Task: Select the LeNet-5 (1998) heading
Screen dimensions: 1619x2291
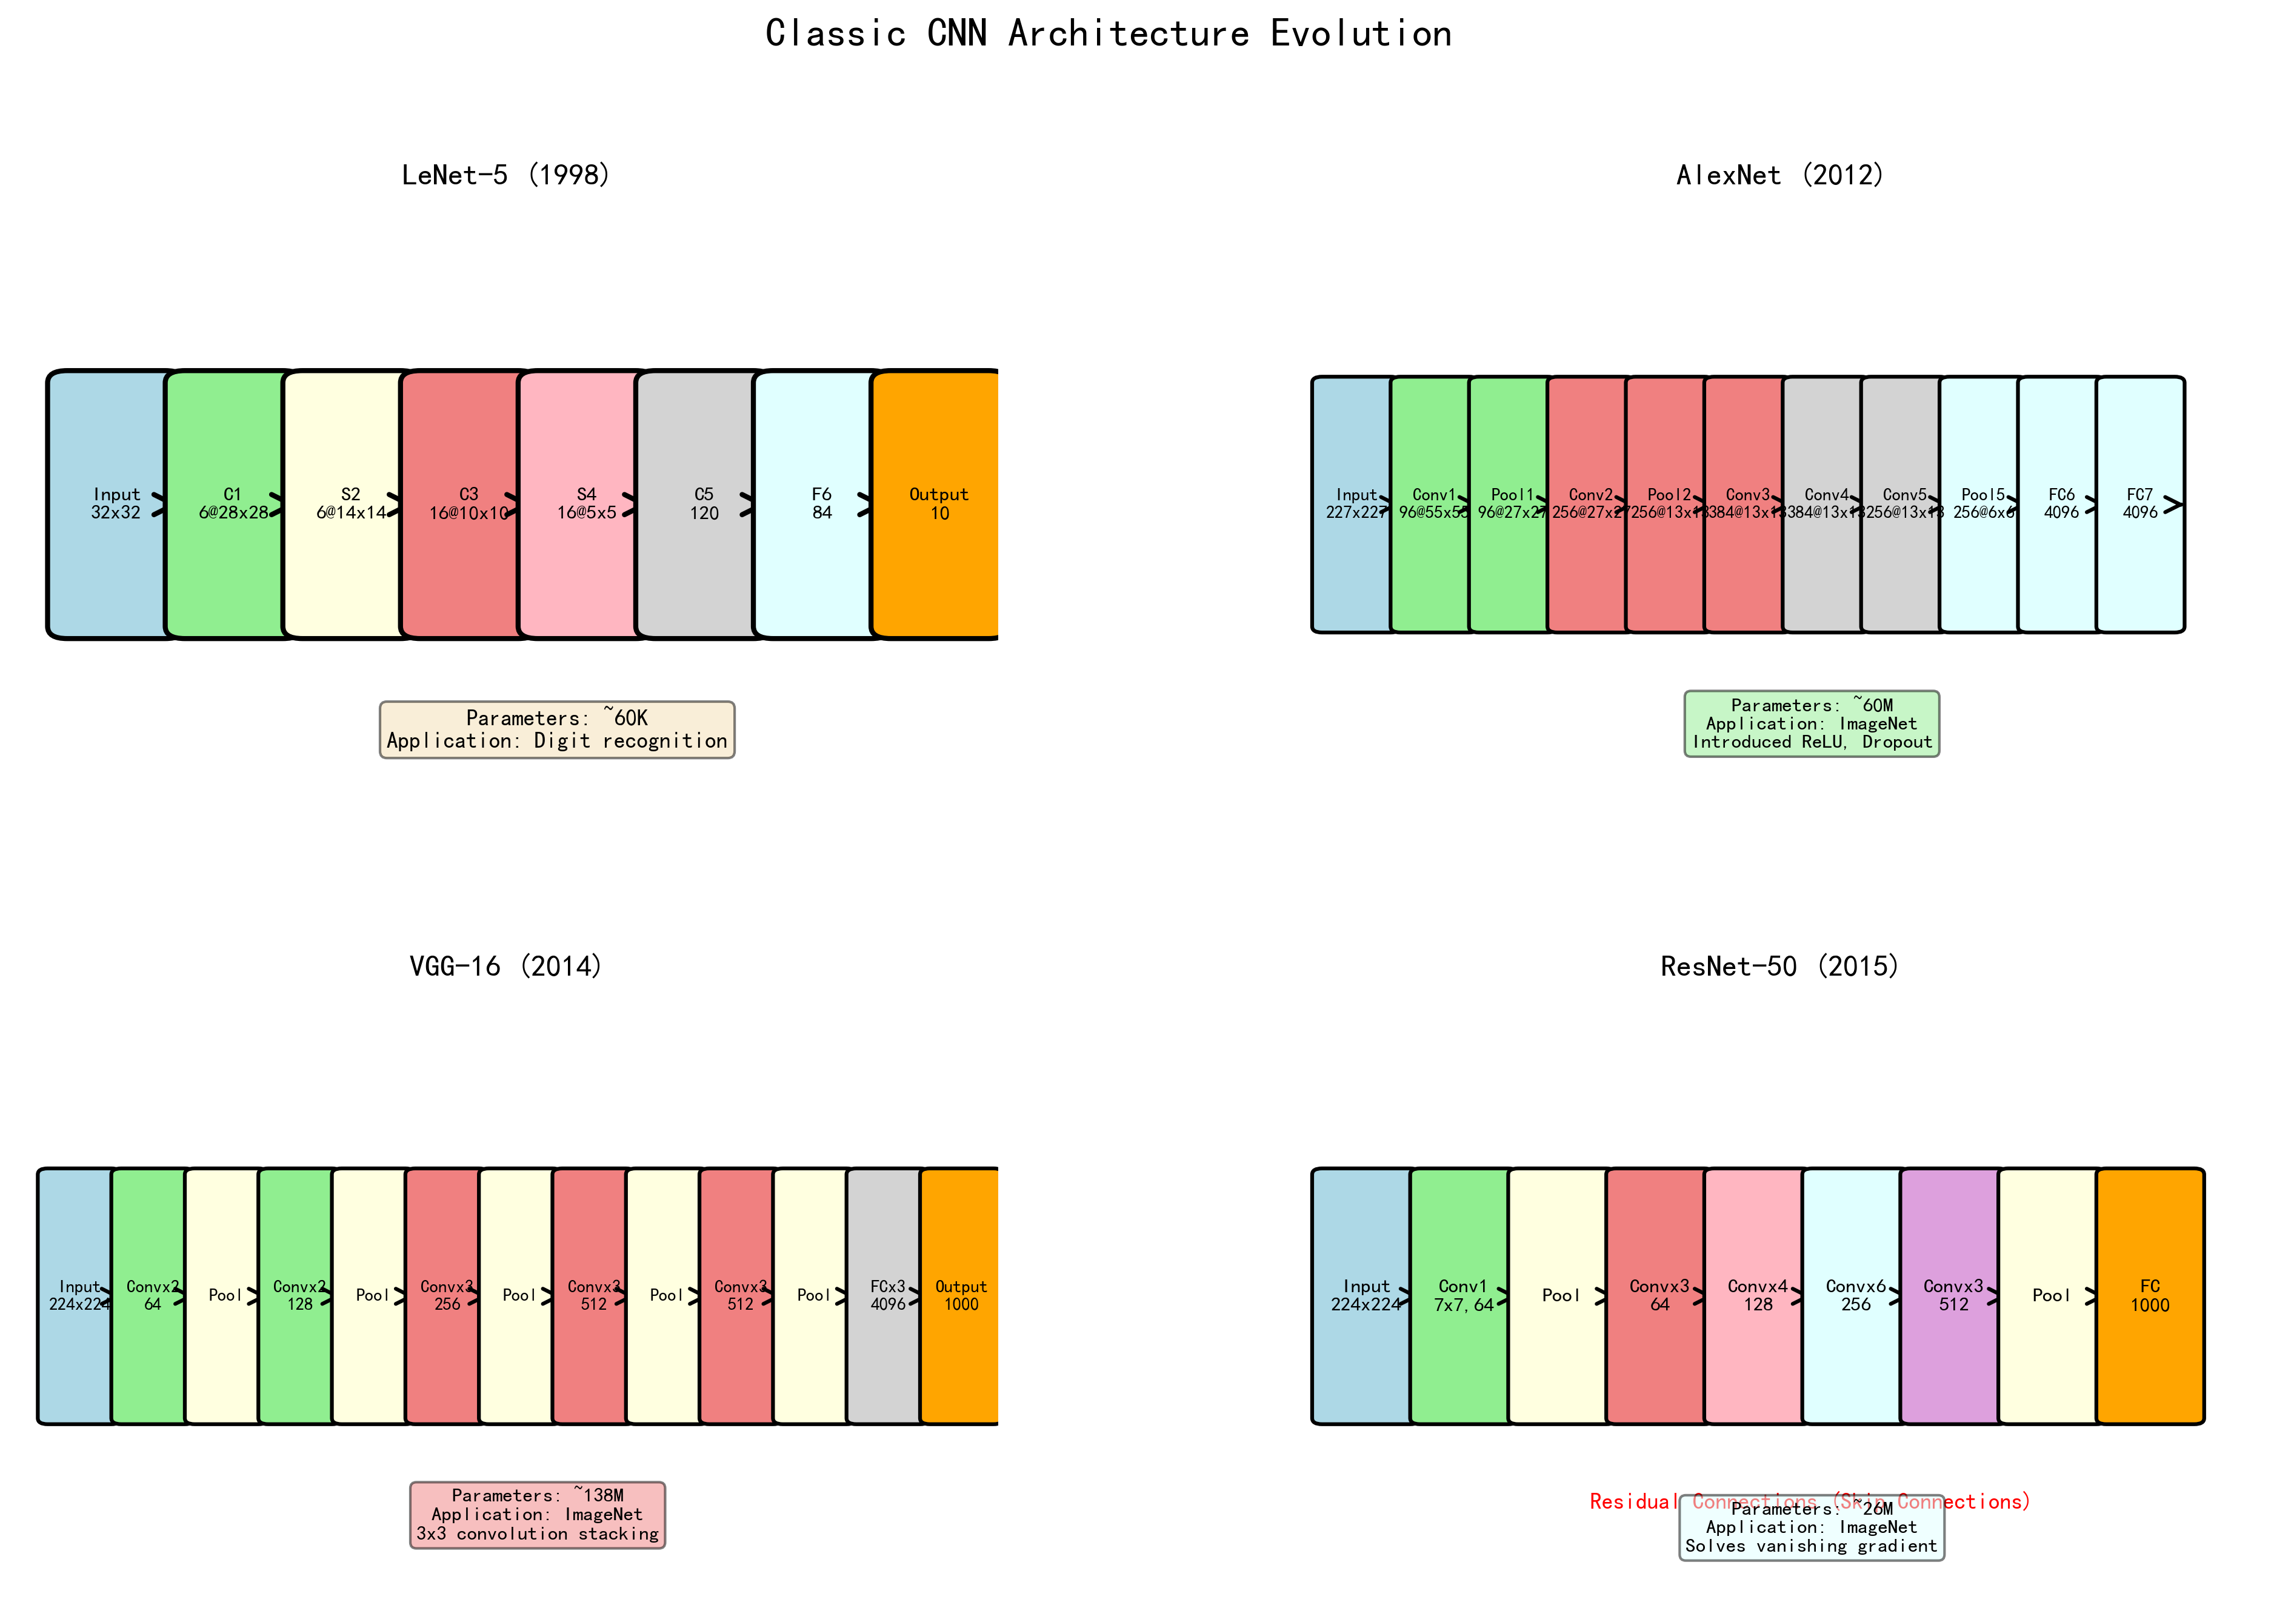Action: (x=505, y=176)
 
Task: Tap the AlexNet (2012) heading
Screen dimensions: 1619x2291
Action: (x=1779, y=176)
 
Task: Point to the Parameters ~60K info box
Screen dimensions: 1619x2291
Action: (x=557, y=729)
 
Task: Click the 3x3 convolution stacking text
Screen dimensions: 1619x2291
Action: (x=537, y=1534)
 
